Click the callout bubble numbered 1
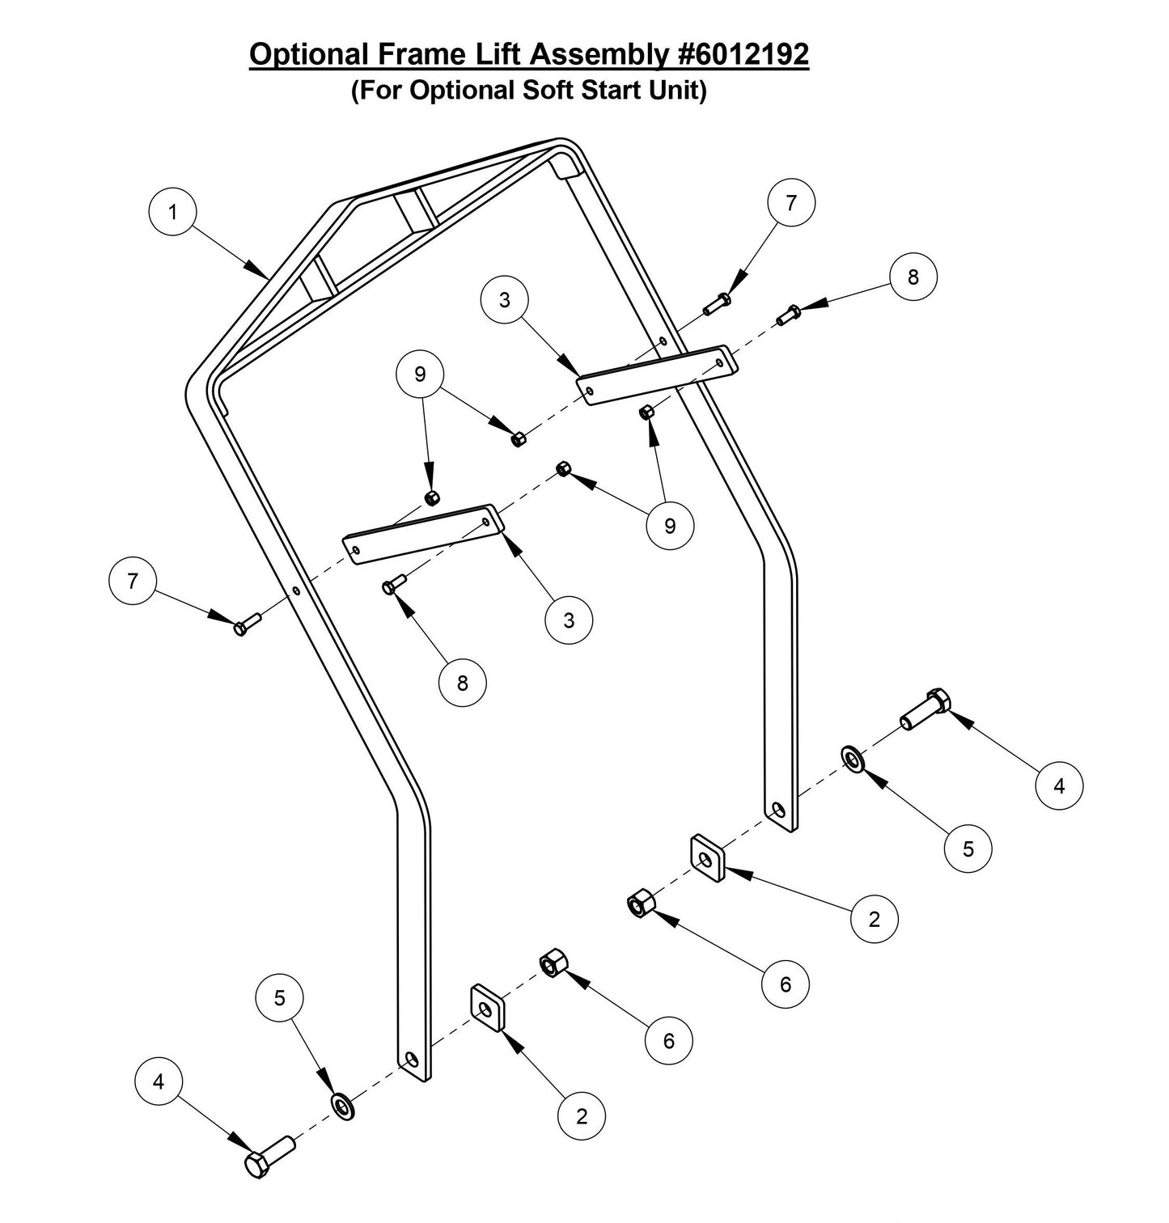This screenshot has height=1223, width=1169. [x=172, y=212]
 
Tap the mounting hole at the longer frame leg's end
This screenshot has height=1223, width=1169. [x=413, y=1060]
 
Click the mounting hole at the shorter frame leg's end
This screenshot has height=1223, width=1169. [x=778, y=809]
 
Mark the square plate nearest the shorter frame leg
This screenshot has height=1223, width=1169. [x=706, y=858]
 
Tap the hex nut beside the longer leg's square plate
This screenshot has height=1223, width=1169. [x=552, y=963]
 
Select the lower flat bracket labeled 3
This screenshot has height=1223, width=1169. [x=422, y=534]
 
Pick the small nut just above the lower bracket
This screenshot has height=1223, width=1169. [x=433, y=497]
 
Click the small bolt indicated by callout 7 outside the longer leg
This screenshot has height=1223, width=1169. [x=246, y=624]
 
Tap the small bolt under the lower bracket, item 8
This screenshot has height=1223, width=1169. [x=394, y=584]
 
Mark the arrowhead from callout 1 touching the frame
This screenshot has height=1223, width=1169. [x=264, y=273]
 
